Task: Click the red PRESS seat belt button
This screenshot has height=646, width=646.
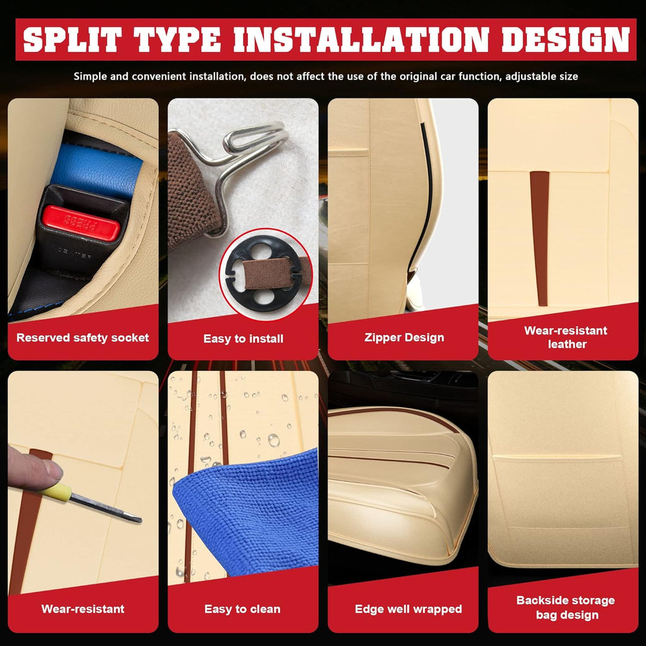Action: click(81, 223)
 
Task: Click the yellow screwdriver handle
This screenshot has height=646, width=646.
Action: click(56, 491)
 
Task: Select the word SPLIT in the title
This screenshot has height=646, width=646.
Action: click(73, 40)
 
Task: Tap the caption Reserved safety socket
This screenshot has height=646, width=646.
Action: click(83, 338)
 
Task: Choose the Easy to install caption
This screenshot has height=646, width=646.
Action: click(243, 339)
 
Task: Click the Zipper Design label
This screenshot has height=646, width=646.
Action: click(404, 338)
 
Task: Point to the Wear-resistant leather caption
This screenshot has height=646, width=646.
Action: click(566, 337)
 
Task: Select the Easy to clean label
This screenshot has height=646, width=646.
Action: click(242, 609)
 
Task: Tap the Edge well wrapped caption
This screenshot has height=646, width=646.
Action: click(408, 609)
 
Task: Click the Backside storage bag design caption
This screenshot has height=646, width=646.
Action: click(566, 608)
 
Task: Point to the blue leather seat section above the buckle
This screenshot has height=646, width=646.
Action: click(96, 169)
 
